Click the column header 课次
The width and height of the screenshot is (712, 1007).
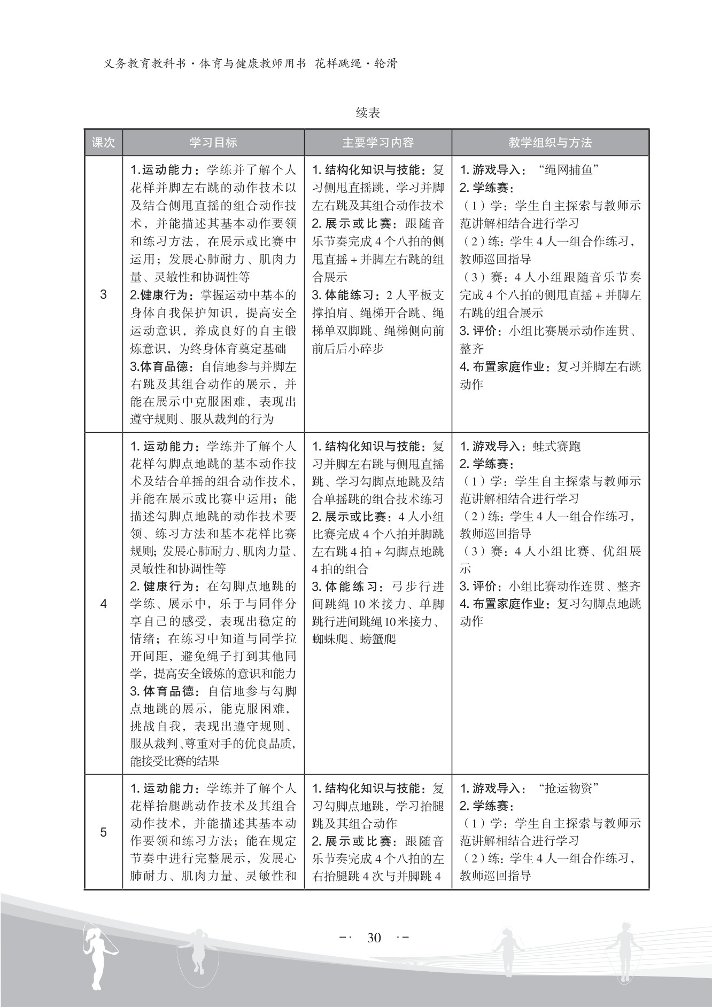[103, 143]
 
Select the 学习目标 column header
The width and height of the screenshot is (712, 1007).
[213, 143]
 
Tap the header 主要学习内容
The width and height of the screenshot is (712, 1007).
[378, 143]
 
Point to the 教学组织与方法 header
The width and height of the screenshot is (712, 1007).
[550, 143]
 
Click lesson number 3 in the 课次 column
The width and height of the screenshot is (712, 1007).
[104, 294]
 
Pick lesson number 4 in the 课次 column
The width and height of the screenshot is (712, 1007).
[104, 604]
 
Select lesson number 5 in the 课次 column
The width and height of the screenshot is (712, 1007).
[104, 832]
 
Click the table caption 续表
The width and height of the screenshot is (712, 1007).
[368, 113]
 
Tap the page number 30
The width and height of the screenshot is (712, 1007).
[374, 938]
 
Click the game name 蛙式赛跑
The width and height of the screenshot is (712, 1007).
[556, 446]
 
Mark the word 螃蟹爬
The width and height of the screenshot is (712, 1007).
[378, 639]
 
